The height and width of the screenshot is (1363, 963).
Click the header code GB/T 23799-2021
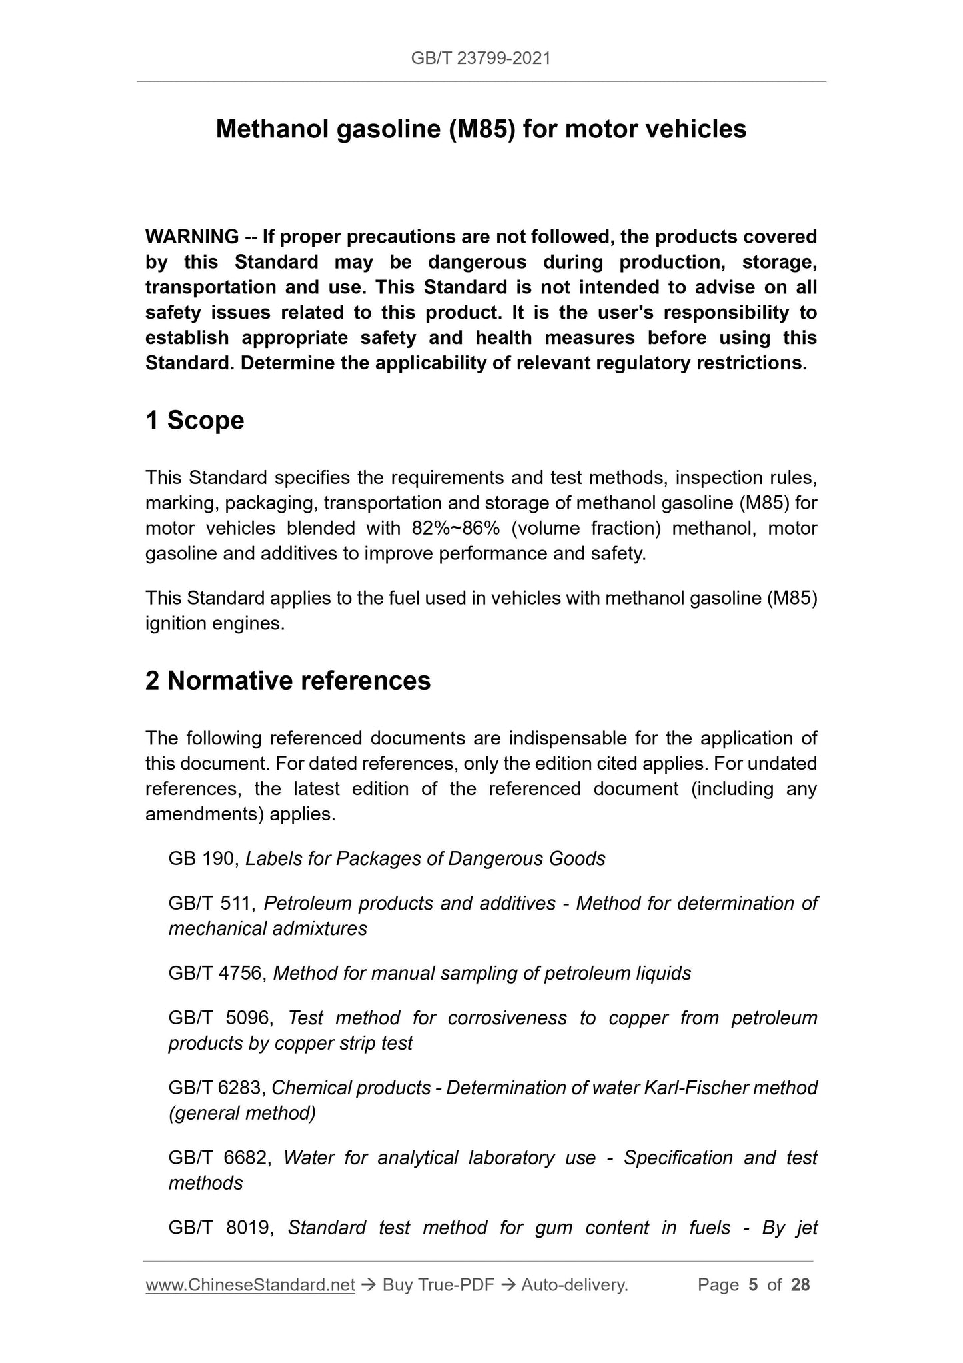coord(481,59)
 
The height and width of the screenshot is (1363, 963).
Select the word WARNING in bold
coord(192,237)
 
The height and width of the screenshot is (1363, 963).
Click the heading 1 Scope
coord(195,421)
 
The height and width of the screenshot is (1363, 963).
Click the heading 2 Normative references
coord(288,681)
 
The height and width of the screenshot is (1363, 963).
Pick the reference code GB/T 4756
coord(217,974)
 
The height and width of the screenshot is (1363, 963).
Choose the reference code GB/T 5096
coord(219,1018)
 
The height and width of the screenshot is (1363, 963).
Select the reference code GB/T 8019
coord(219,1228)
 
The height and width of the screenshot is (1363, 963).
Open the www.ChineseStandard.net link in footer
coord(250,1285)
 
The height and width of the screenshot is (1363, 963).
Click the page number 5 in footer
coord(753,1285)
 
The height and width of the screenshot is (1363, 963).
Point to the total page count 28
coord(800,1285)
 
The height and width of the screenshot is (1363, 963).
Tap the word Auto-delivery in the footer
coord(574,1285)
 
